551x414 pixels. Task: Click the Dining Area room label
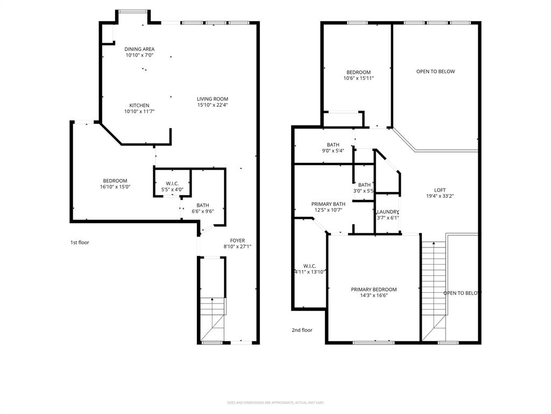click(x=139, y=49)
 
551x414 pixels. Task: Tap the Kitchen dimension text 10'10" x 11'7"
click(x=139, y=112)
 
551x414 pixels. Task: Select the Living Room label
click(x=213, y=99)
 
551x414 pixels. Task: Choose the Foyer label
click(x=237, y=240)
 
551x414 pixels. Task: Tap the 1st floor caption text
click(x=80, y=243)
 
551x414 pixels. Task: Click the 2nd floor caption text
click(x=302, y=330)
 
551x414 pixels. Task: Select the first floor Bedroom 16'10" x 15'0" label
click(x=115, y=181)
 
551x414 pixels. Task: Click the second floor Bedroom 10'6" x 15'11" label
click(x=358, y=72)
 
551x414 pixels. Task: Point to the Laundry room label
click(x=388, y=212)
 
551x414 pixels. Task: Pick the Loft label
click(x=440, y=190)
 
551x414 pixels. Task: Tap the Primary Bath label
click(x=328, y=204)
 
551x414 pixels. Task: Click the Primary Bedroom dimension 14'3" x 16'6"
click(x=373, y=295)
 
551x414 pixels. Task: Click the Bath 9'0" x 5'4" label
click(x=333, y=144)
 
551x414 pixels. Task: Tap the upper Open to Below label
click(x=435, y=71)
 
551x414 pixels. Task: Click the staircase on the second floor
click(x=435, y=286)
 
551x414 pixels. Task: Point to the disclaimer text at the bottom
click(x=275, y=403)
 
